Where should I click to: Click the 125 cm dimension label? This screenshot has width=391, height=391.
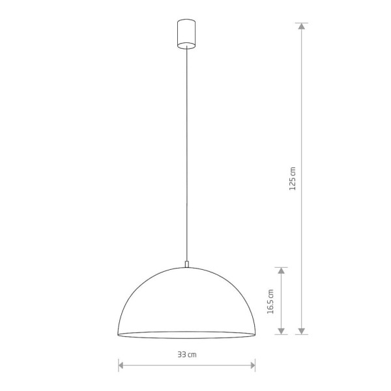tap(293, 178)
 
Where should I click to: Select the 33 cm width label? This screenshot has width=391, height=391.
tap(188, 355)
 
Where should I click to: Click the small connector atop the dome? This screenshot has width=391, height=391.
tap(187, 264)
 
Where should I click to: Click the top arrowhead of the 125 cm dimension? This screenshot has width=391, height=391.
tap(302, 27)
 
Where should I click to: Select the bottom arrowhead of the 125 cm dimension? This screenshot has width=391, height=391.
tap(302, 330)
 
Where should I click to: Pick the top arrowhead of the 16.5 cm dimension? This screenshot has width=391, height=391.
tap(281, 269)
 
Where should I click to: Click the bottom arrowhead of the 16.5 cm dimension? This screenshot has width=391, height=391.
tap(281, 330)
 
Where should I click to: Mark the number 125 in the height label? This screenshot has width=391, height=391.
tap(293, 182)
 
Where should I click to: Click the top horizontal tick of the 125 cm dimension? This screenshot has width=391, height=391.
tap(302, 23)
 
